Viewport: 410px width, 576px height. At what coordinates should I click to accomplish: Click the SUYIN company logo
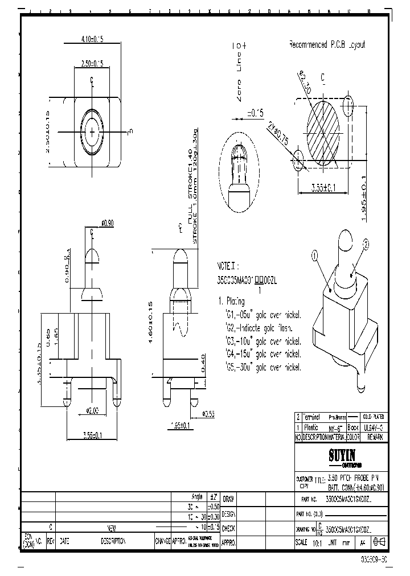click(x=341, y=455)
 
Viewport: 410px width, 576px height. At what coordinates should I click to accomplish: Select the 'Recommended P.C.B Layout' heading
click(x=327, y=45)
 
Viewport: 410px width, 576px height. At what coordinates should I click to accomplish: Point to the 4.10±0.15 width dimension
click(x=92, y=39)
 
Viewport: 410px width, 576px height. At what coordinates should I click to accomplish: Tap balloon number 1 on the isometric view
click(x=313, y=257)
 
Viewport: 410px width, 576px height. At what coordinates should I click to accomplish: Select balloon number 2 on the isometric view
click(x=366, y=244)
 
